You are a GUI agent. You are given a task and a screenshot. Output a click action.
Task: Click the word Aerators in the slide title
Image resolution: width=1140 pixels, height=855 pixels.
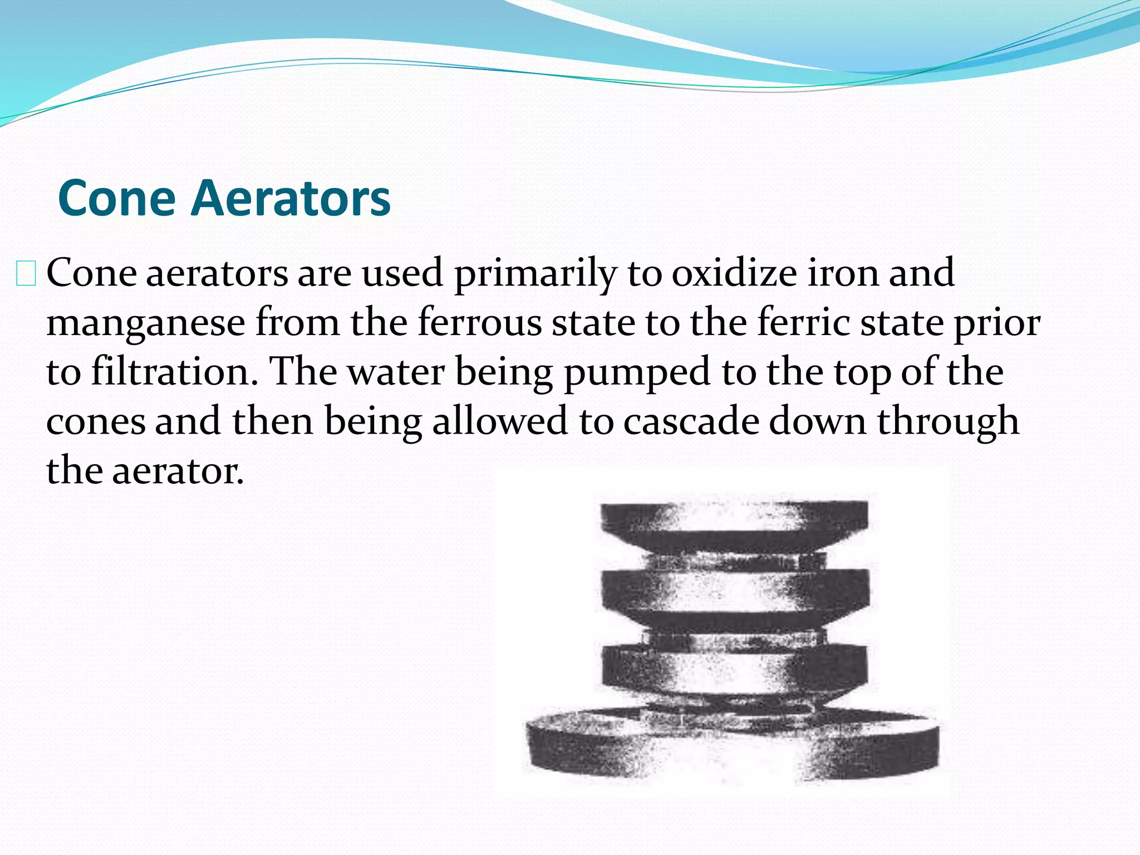click(x=291, y=199)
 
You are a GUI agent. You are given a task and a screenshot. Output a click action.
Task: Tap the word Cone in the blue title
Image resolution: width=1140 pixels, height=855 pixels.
click(x=117, y=199)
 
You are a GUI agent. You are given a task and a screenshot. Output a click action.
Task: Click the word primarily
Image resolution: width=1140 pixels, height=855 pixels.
click(x=535, y=274)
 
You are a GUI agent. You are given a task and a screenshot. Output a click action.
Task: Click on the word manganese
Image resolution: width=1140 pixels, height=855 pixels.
click(x=146, y=323)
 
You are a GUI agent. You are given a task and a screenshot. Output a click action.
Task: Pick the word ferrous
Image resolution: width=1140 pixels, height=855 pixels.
click(x=479, y=322)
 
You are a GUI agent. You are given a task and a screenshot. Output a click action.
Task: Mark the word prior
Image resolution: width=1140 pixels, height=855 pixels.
click(x=997, y=323)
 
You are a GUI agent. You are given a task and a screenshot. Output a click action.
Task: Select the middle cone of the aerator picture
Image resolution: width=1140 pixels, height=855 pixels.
click(x=734, y=593)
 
